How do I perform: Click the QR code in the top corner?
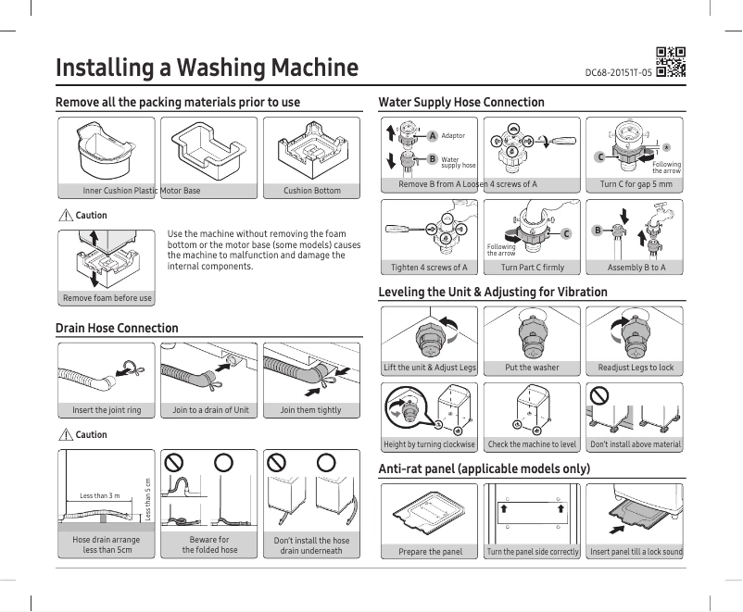coord(670,59)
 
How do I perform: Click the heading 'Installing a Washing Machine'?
coord(208,68)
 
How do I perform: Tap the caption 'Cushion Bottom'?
coord(312,191)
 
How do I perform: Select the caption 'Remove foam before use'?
coord(107,298)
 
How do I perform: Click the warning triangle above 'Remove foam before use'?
coord(65,216)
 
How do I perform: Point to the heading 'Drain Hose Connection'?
coord(117,328)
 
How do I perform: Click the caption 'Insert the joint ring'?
coord(107,409)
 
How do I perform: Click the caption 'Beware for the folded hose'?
coord(209,544)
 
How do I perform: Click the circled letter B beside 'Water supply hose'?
coord(432,159)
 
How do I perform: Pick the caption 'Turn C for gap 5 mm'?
coord(636,184)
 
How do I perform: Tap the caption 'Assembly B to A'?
coord(636,268)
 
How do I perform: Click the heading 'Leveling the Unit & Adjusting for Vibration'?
coord(493,292)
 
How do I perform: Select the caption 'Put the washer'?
coord(532,368)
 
